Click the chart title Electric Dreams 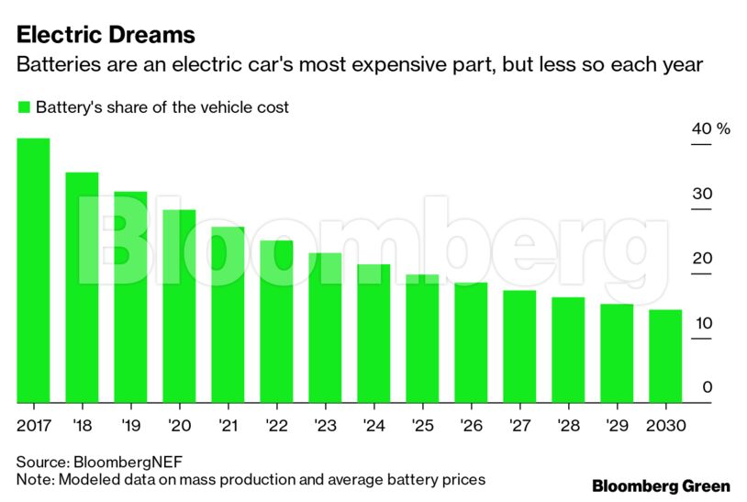tap(106, 35)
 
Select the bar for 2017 tap(33, 271)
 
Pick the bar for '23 tap(325, 328)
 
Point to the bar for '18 tap(82, 287)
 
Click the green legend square tap(24, 107)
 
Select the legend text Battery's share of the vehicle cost tap(162, 107)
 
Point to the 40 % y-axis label tap(710, 128)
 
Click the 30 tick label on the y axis tap(702, 194)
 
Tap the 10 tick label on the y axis tap(702, 323)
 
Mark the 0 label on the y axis tap(707, 387)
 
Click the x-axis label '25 tap(422, 426)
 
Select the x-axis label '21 tap(228, 426)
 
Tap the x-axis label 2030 tap(665, 426)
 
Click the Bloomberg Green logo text tap(661, 485)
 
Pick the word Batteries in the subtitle tap(53, 66)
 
